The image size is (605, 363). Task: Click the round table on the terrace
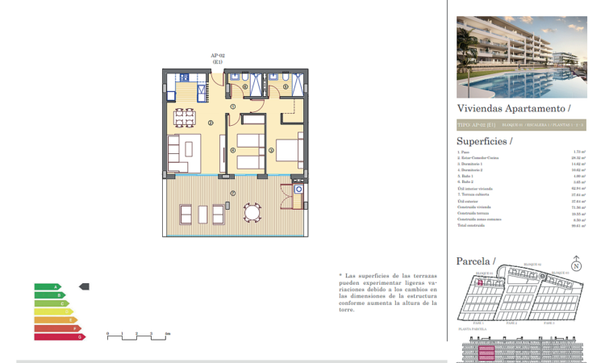[x=253, y=213]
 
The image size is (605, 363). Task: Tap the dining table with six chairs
[x=185, y=118]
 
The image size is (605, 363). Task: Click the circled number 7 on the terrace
[x=232, y=193]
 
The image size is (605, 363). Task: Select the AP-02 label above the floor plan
[x=217, y=55]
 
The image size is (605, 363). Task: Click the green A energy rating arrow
[x=47, y=286]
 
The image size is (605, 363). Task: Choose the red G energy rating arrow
[x=59, y=336]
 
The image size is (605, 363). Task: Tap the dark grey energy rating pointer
[x=85, y=286]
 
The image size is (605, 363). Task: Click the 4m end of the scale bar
[x=167, y=333]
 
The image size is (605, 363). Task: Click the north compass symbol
[x=576, y=265]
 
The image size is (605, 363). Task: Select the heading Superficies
[x=484, y=140]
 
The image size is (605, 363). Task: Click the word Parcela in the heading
[x=474, y=261]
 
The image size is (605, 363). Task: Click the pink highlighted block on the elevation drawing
[x=488, y=353]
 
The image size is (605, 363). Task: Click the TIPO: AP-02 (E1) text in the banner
[x=476, y=125]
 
